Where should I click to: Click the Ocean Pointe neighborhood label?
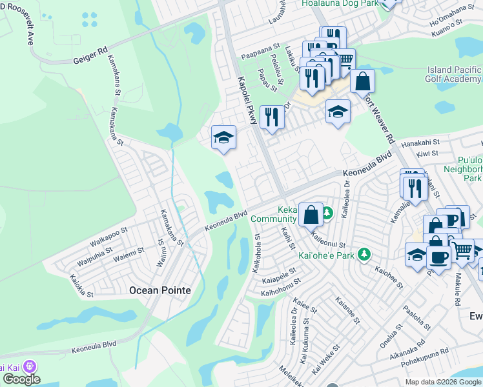(x=160, y=290)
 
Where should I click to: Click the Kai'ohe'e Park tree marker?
(x=365, y=255)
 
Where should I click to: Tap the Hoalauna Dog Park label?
(x=340, y=3)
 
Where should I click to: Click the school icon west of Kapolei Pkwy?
(x=223, y=137)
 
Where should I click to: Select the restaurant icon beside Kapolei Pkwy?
(x=271, y=117)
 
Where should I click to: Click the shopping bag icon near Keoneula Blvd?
(x=311, y=214)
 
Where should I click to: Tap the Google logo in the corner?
(x=21, y=379)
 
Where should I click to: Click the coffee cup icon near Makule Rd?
(x=439, y=258)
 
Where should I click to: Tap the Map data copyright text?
(x=444, y=382)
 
